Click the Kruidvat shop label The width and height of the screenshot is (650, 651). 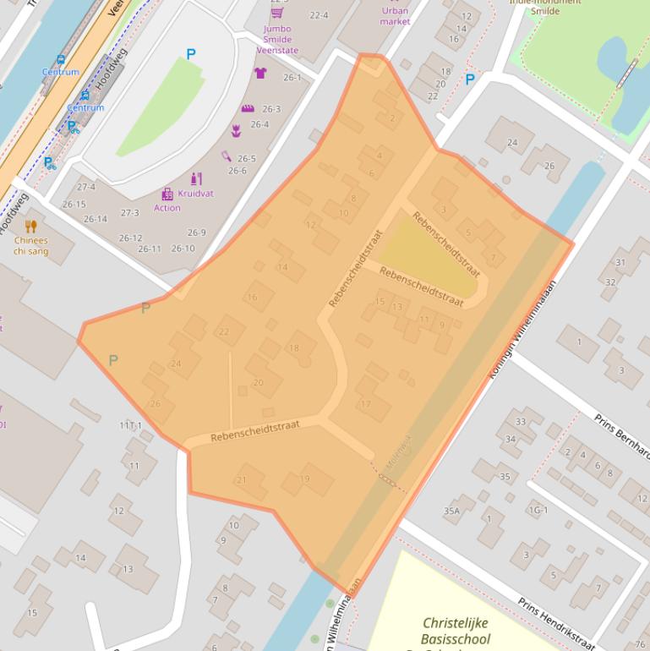[x=195, y=194]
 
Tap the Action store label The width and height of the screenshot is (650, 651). [x=167, y=208]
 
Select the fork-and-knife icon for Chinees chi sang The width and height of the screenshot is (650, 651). [x=31, y=226]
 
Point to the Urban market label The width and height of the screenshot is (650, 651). [x=395, y=16]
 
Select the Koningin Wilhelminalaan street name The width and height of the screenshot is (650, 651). [x=524, y=328]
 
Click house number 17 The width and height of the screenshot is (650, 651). [x=365, y=404]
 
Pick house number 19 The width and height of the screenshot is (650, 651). [x=304, y=479]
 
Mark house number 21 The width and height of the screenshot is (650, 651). [x=241, y=480]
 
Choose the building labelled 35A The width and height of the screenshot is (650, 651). [x=451, y=511]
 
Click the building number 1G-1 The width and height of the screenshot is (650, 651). [x=538, y=511]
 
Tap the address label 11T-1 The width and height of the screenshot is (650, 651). [x=130, y=426]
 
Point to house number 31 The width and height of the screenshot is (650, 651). [x=620, y=263]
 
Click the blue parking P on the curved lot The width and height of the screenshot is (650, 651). [x=190, y=54]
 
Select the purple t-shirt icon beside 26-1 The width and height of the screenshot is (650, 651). [x=260, y=74]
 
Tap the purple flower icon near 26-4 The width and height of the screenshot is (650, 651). [x=236, y=130]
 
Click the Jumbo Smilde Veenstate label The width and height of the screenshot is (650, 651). [x=277, y=40]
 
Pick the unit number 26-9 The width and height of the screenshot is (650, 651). [x=196, y=232]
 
